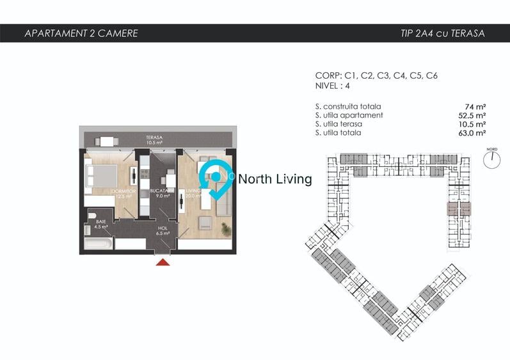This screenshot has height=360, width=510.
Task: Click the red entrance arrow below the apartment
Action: coord(163,261)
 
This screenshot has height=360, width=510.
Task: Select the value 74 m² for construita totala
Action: coord(476,106)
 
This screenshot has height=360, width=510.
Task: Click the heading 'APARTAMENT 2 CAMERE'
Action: coord(81,33)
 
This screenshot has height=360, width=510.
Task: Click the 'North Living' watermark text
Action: coord(275,180)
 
